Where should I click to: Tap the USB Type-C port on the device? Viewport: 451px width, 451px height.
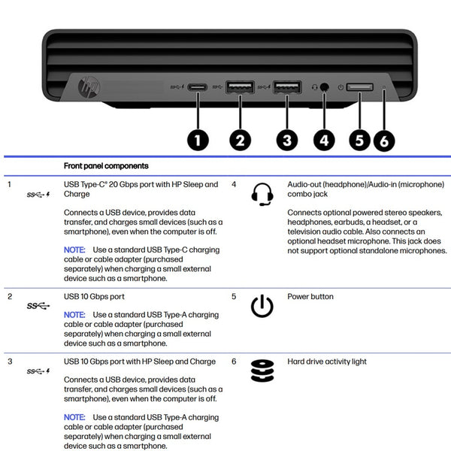pos(198,87)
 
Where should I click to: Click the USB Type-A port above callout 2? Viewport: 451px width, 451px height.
pos(240,87)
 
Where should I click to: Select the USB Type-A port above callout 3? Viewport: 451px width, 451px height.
pos(287,87)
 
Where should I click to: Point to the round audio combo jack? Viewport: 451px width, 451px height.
pos(325,87)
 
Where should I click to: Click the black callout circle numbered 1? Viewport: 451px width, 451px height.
pos(198,139)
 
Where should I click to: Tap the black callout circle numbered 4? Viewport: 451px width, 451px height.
pos(325,139)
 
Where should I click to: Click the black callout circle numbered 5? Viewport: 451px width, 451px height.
pos(359,139)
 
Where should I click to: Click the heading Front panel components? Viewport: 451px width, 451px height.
pos(106,166)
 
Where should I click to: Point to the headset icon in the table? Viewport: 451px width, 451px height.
pos(262,194)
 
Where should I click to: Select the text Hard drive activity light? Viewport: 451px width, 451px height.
pos(327,362)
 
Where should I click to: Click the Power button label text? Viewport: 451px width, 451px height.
pos(310,297)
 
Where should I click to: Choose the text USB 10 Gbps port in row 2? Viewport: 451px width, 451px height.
pos(94,297)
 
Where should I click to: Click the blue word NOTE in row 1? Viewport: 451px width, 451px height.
pos(74,249)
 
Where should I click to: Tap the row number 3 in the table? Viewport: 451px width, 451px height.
pos(9,362)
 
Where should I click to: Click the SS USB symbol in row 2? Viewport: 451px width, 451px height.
pos(38,306)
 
